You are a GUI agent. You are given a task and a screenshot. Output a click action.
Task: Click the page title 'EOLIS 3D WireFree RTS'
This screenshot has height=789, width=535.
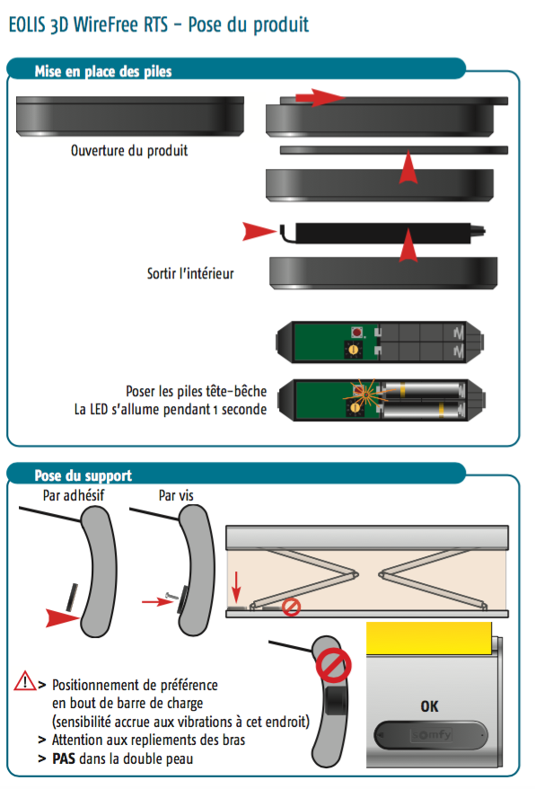click(x=88, y=24)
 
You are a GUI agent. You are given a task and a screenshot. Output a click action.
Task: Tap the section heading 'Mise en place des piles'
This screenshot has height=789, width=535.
click(x=103, y=72)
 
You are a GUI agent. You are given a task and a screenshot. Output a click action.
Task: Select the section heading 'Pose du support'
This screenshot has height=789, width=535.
click(x=83, y=475)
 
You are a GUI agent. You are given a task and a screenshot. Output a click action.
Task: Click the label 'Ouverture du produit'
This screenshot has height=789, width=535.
click(x=129, y=150)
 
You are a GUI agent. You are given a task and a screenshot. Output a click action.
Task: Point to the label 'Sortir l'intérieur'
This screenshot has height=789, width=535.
click(x=190, y=273)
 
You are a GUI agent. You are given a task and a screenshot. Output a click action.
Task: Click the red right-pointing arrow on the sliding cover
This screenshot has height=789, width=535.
click(x=320, y=97)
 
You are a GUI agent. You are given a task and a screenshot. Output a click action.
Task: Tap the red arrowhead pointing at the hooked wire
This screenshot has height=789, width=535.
click(x=259, y=232)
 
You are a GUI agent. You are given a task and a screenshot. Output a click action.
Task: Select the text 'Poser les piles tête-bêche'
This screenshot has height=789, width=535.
click(x=196, y=391)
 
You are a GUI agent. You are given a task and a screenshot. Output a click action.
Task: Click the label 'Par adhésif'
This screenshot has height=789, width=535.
click(x=74, y=495)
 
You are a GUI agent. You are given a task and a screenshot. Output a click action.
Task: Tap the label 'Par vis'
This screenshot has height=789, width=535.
click(x=176, y=495)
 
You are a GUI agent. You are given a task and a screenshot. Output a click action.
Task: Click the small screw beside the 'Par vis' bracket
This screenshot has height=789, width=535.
click(x=172, y=597)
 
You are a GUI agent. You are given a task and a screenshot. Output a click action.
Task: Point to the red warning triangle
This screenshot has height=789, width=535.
click(x=24, y=681)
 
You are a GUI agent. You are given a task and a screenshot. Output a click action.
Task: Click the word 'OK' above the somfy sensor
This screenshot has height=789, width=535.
click(x=429, y=706)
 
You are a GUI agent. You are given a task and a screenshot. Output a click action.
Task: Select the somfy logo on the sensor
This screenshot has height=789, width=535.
click(x=432, y=735)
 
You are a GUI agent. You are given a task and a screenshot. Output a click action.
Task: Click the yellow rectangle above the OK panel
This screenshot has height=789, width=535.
click(x=429, y=639)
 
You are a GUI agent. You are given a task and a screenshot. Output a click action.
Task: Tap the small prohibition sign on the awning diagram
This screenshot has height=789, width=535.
click(x=291, y=607)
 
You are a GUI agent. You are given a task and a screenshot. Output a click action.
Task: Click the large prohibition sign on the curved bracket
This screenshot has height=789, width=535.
click(x=333, y=665)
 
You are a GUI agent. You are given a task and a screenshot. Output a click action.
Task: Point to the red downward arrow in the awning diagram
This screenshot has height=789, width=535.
click(x=236, y=586)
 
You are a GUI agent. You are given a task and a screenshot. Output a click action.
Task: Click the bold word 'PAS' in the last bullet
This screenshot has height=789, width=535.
click(x=64, y=758)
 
